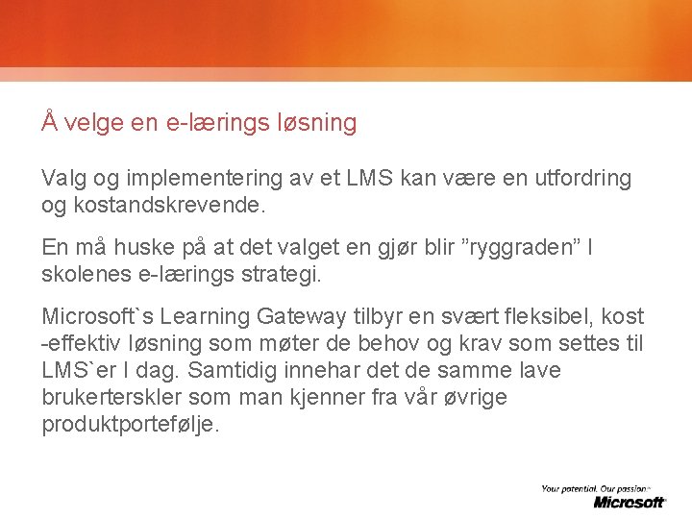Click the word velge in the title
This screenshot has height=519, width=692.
click(x=96, y=123)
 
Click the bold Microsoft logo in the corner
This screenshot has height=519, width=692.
click(x=630, y=502)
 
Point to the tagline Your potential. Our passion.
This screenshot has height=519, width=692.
click(x=603, y=489)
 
